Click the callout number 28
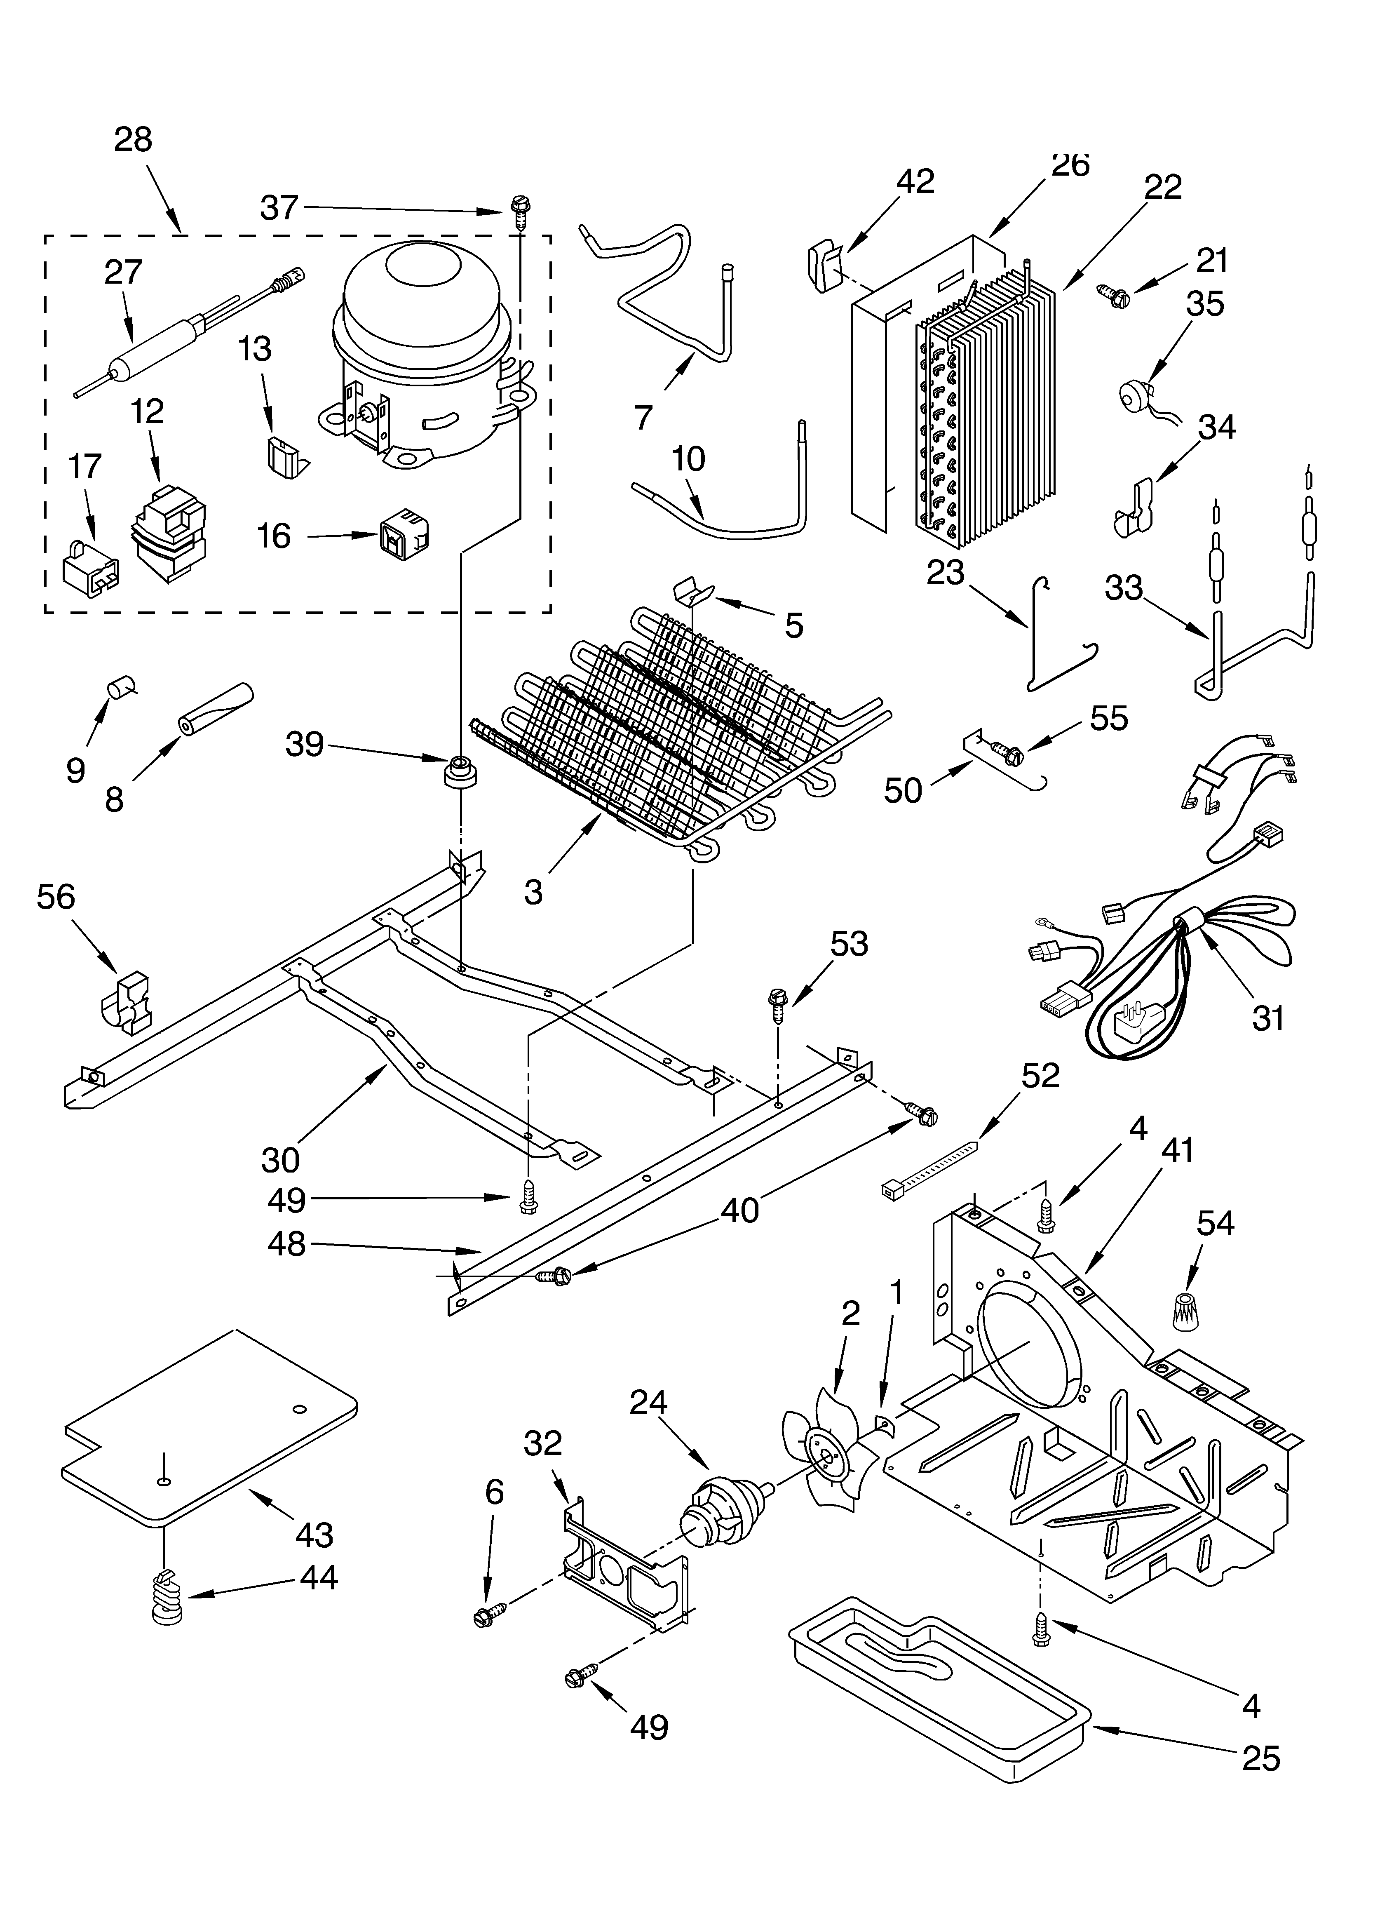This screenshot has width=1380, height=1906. tap(133, 139)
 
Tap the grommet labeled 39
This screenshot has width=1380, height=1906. tap(460, 771)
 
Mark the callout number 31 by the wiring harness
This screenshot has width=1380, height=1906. tap(1268, 1018)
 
